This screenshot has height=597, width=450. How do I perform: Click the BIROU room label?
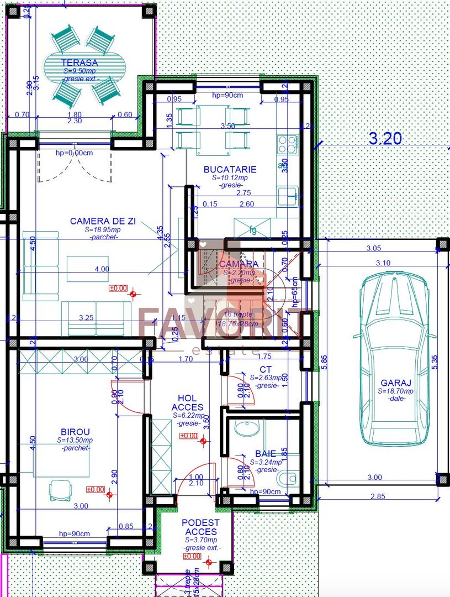[x=75, y=431]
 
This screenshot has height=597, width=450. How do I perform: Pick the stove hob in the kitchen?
[x=288, y=144]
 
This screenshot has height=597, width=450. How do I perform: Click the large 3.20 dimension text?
[x=385, y=139]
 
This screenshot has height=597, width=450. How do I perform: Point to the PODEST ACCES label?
[x=200, y=527]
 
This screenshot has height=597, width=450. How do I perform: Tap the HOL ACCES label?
[x=191, y=402]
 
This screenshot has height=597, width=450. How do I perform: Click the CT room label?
[x=266, y=369]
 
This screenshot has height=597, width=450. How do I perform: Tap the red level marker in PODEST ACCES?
[x=209, y=563]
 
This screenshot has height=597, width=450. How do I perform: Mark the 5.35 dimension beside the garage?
[x=435, y=362]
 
